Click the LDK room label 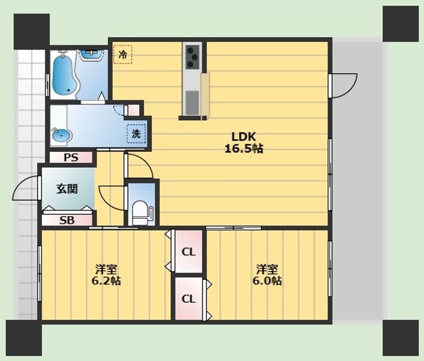(x=243, y=137)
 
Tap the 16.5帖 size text (x=244, y=148)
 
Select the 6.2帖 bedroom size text (x=106, y=281)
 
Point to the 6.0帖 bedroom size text (x=267, y=281)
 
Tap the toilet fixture (x=140, y=213)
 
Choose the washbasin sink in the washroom (x=62, y=134)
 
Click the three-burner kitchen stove (x=193, y=56)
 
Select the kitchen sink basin (x=192, y=102)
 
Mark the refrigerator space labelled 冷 (x=122, y=55)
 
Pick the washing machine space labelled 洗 (x=136, y=134)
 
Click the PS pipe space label (x=71, y=157)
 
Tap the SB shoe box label (x=67, y=220)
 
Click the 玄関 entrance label (x=67, y=189)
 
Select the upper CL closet (x=188, y=251)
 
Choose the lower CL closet (x=188, y=299)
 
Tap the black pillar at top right (x=400, y=24)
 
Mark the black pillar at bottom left (x=24, y=338)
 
